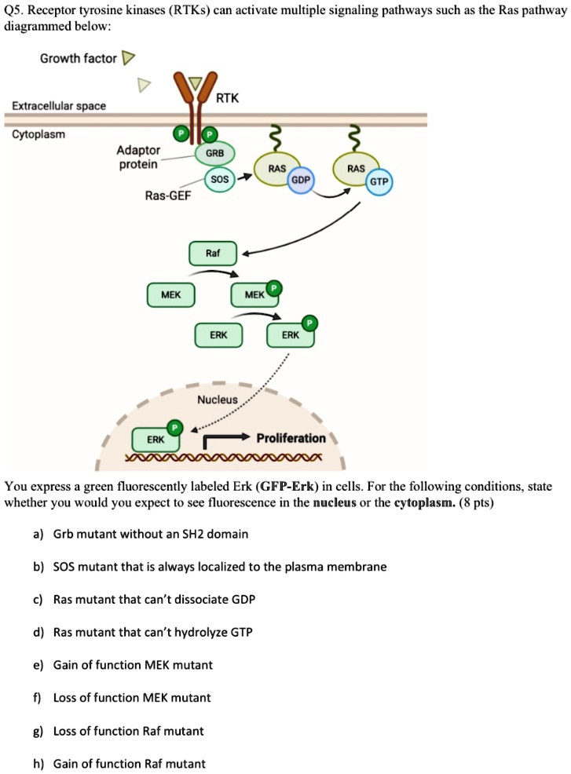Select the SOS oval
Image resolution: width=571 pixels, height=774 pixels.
[220, 180]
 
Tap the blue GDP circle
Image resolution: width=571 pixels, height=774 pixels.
[300, 180]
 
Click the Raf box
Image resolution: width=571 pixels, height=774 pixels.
[212, 254]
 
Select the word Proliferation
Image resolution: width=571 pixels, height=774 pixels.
[291, 438]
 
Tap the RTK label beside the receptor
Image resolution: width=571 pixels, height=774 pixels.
[227, 98]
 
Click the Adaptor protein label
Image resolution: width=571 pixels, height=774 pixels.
[138, 157]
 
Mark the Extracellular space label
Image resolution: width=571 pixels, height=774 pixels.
[59, 106]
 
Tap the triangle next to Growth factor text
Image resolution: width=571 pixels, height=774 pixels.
[130, 59]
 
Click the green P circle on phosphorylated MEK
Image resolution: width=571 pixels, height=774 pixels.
[273, 288]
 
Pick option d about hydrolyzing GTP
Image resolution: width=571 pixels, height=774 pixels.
[152, 632]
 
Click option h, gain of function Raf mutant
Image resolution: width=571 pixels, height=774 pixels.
[129, 763]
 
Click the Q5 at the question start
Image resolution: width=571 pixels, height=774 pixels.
[13, 10]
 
